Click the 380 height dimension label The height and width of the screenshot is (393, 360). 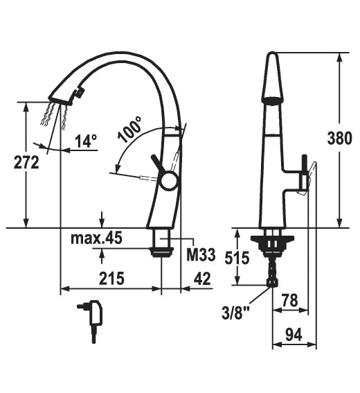click(x=339, y=138)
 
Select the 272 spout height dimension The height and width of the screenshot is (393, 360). click(x=26, y=162)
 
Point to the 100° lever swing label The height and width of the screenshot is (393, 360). click(x=130, y=130)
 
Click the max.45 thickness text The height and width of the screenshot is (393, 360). click(x=96, y=238)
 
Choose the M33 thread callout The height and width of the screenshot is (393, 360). click(x=201, y=254)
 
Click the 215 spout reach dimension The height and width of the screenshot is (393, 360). click(x=111, y=278)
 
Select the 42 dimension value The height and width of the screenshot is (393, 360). click(x=202, y=278)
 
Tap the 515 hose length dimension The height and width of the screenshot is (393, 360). click(x=237, y=257)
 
